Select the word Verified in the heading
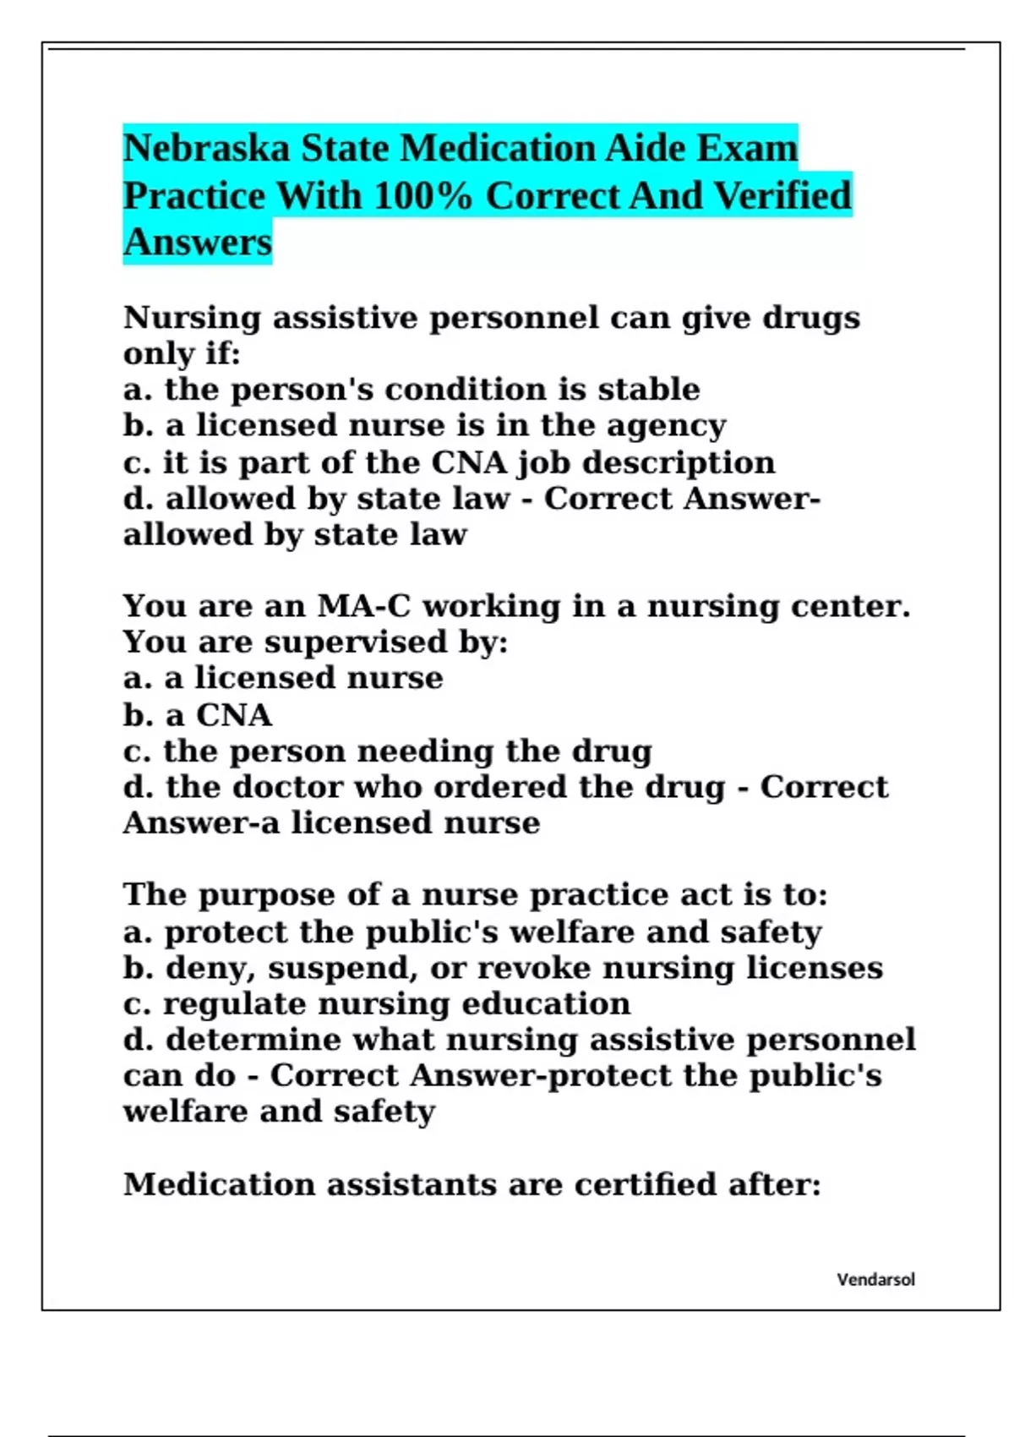coord(783,196)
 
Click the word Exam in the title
coord(747,149)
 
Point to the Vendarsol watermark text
coord(875,1280)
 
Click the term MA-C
coord(365,606)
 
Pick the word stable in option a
coord(648,390)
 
